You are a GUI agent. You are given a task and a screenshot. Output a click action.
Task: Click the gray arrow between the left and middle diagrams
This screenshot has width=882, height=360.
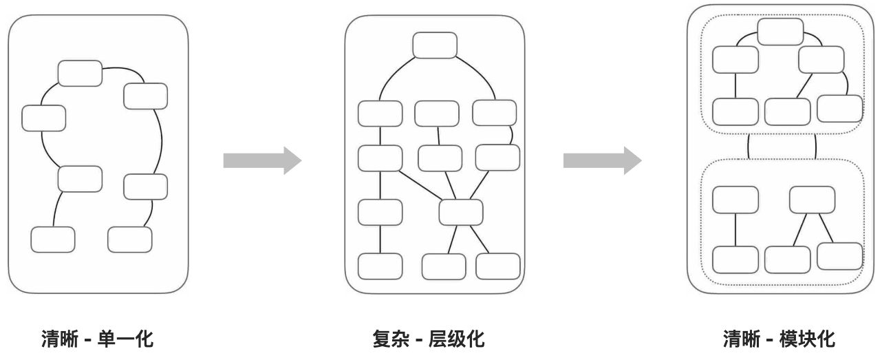tap(262, 160)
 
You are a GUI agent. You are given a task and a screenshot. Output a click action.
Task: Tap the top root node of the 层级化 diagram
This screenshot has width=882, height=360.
tap(435, 45)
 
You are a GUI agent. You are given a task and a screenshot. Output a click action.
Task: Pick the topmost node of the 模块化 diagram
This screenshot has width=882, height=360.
tap(780, 32)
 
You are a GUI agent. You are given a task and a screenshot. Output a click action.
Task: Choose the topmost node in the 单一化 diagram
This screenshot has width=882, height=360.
tap(80, 73)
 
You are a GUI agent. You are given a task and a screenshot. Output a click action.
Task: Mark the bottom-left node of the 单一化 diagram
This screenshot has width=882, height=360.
tap(53, 239)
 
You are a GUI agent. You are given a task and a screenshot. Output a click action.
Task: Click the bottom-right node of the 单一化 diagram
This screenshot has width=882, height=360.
tap(129, 239)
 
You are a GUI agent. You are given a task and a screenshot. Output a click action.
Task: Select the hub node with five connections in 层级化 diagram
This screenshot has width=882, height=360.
tap(461, 211)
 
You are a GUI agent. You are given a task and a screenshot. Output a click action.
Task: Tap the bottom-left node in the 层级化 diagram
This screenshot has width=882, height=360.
tap(380, 266)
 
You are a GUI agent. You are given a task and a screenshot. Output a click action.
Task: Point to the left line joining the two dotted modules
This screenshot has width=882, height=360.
tap(748, 146)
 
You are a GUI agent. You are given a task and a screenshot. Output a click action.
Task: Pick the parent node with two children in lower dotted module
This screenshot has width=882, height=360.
tap(812, 200)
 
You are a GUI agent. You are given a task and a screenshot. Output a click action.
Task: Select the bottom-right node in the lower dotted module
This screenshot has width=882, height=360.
tap(840, 256)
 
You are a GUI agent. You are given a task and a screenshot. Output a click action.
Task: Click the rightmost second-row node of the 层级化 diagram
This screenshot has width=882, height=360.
tap(495, 113)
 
